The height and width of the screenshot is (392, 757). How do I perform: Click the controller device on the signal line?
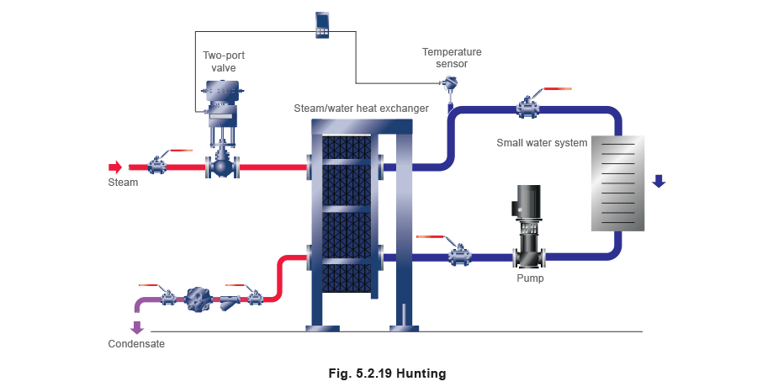322,24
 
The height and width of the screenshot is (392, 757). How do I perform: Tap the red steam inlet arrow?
115,167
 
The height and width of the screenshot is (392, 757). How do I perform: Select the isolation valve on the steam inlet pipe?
158,166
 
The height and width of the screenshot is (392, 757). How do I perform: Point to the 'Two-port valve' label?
220,61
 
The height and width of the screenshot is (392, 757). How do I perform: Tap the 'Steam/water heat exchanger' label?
362,109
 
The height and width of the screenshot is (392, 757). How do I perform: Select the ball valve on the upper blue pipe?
528,107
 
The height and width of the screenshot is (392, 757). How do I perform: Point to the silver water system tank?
618,183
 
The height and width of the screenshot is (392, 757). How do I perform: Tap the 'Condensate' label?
136,344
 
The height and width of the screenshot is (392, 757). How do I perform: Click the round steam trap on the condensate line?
198,299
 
